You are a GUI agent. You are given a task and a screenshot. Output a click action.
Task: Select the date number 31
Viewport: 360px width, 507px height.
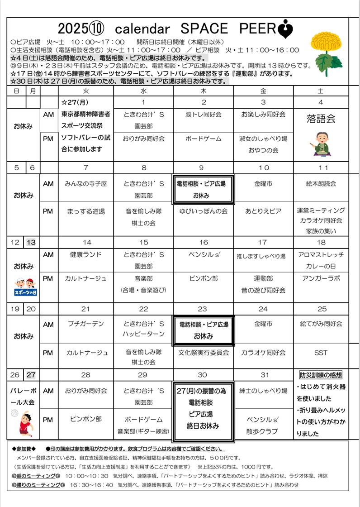pos(263,375)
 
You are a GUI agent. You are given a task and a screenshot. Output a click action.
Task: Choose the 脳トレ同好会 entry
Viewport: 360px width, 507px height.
pos(204,115)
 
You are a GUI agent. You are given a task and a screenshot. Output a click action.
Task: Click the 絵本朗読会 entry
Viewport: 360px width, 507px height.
pos(321,184)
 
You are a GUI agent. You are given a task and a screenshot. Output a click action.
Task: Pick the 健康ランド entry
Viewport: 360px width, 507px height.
pos(86,254)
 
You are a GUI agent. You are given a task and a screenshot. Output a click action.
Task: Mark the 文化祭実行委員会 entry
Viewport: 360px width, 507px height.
pos(204,352)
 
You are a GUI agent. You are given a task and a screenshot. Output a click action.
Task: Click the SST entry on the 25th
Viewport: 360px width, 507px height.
pos(321,352)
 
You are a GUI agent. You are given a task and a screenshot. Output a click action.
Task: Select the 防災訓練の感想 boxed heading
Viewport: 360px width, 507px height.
pos(321,375)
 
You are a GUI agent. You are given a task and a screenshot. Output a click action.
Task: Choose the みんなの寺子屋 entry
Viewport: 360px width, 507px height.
pos(86,184)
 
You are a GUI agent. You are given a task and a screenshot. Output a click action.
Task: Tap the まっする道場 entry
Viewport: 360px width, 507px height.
pos(86,211)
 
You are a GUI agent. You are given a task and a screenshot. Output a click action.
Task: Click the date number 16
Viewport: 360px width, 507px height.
pos(204,242)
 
